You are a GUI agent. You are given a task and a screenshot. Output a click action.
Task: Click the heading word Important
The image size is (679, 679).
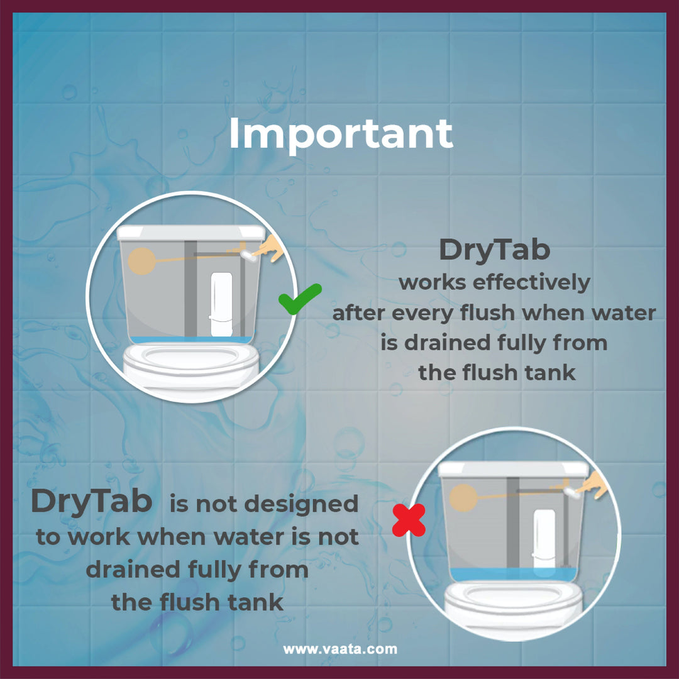pyautogui.click(x=341, y=135)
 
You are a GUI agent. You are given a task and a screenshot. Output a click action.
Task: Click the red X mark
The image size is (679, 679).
pyautogui.click(x=409, y=520)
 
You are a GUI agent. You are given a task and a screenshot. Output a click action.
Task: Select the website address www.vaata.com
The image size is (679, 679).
pyautogui.click(x=340, y=649)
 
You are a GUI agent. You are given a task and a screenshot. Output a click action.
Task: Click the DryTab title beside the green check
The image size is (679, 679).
pyautogui.click(x=495, y=250)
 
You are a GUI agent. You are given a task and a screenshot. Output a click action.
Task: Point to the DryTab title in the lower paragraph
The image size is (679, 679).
pyautogui.click(x=91, y=502)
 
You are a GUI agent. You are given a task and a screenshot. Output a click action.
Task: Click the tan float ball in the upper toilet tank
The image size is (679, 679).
pyautogui.click(x=141, y=261)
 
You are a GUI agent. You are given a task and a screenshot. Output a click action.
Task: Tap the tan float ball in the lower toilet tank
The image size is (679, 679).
pyautogui.click(x=463, y=498)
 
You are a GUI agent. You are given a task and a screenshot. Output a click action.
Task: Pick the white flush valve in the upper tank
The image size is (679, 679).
pyautogui.click(x=221, y=304)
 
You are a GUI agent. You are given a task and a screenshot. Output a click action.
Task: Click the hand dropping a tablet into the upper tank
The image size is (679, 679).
pyautogui.click(x=269, y=248)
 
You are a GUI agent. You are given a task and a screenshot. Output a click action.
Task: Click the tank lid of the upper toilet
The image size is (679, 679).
pyautogui.click(x=191, y=233)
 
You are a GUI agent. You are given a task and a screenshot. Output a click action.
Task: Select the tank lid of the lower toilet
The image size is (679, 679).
pyautogui.click(x=514, y=470)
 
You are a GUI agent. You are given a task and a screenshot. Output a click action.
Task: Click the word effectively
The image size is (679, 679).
pyautogui.click(x=531, y=283)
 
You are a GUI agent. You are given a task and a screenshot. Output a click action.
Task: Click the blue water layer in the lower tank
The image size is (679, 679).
pyautogui.click(x=513, y=575)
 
